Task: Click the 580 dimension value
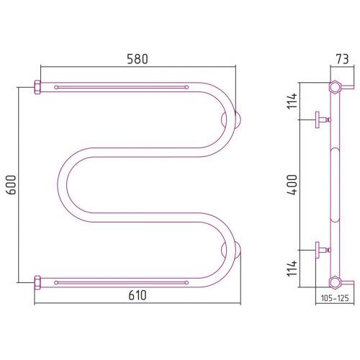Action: (x=138, y=59)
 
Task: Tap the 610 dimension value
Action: (x=138, y=295)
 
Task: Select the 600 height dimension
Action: (x=12, y=185)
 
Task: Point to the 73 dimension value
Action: (x=342, y=59)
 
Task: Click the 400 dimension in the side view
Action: (x=292, y=185)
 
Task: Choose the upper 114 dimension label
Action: (x=292, y=102)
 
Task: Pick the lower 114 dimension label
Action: (x=292, y=269)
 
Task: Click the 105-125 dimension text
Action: (x=335, y=298)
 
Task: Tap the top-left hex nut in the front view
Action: (x=37, y=87)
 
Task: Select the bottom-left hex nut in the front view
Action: (x=37, y=283)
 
